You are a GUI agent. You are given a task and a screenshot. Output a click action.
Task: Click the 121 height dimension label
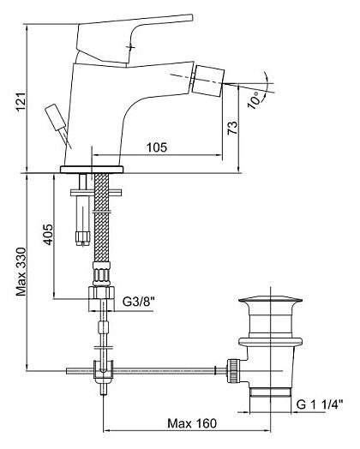point(21,102)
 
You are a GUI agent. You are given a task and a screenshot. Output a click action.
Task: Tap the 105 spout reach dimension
point(157,147)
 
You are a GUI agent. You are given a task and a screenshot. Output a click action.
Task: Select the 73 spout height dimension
point(232,128)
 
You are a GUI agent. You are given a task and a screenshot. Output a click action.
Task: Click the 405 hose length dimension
point(48,234)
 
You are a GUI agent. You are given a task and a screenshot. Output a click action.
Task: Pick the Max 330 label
point(21,272)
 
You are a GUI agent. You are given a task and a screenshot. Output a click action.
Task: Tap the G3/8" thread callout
point(139,302)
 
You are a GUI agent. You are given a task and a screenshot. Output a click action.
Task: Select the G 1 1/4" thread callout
point(320,404)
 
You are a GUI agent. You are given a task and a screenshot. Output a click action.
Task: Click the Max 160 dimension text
point(192,423)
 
